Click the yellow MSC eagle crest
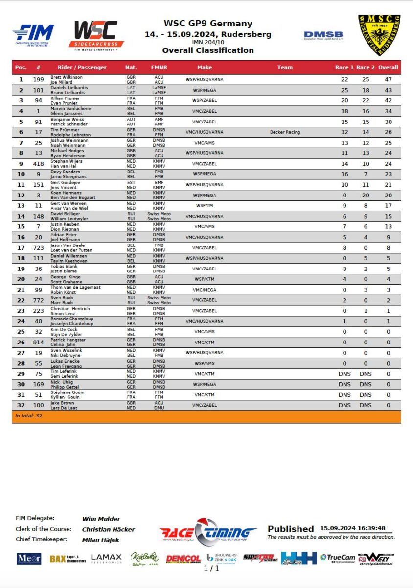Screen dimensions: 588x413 379,35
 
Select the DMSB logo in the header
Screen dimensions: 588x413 323,35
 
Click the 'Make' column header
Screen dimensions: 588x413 205,67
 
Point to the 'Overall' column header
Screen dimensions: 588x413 389,67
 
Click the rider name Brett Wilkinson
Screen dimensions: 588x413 67,77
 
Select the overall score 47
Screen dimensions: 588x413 389,80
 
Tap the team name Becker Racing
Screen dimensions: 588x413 285,132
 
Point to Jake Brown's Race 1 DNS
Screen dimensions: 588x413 344,405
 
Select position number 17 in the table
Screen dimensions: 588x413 21,247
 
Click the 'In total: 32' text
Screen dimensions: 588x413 28,416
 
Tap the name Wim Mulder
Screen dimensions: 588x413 101,519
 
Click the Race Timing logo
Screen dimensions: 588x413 207,531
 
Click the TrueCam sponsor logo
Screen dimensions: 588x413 338,558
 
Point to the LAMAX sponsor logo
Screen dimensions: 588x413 106,558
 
